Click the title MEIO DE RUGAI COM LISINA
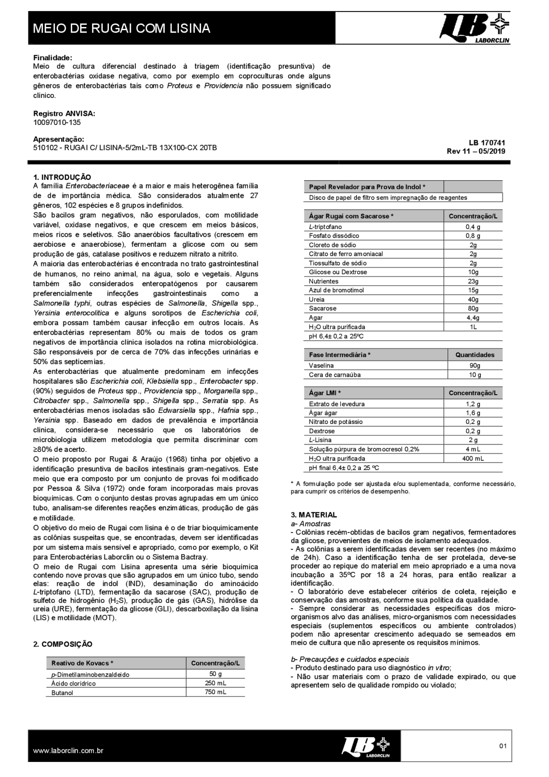coord(121,28)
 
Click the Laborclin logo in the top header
coord(474,28)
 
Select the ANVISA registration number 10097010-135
coord(57,122)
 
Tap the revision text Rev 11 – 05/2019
coord(476,151)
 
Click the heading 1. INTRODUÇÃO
coord(62,177)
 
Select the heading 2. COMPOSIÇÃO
coord(63,644)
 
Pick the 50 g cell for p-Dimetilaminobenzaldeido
coord(215,674)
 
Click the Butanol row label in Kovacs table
coord(62,692)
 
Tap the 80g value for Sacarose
coord(473,308)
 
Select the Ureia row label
coord(317,299)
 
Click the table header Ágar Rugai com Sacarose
coord(351,216)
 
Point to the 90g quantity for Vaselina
coord(475,366)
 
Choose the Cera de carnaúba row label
coord(335,375)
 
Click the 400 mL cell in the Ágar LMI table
coord(473,458)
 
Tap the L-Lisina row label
coord(320,440)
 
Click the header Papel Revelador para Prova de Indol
coord(367,187)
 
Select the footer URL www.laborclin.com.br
coord(68,751)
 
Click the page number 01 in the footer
coord(503,746)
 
